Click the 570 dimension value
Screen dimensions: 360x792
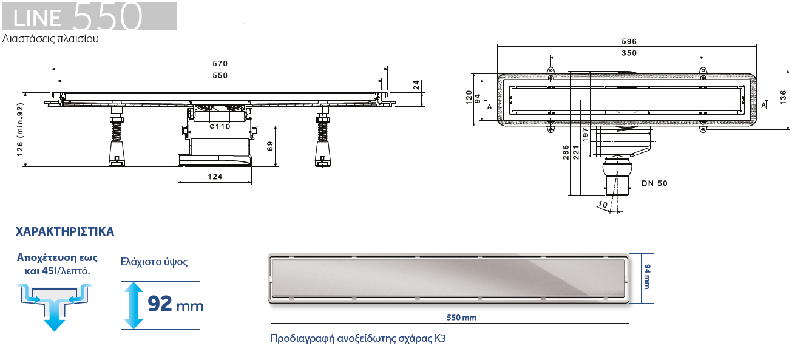point(220,63)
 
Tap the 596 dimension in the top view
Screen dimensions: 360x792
point(629,41)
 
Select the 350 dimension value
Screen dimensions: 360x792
point(629,53)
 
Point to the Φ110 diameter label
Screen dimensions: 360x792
point(220,127)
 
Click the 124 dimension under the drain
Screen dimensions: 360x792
point(215,177)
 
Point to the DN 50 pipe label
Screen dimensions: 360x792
point(654,183)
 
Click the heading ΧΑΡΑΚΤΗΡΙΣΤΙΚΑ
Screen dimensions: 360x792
point(65,232)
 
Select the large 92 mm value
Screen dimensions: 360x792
point(175,304)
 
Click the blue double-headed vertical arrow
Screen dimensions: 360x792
point(131,305)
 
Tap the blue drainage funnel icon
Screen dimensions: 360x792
point(54,307)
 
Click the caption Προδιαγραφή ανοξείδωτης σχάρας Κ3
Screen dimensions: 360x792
point(358,338)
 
